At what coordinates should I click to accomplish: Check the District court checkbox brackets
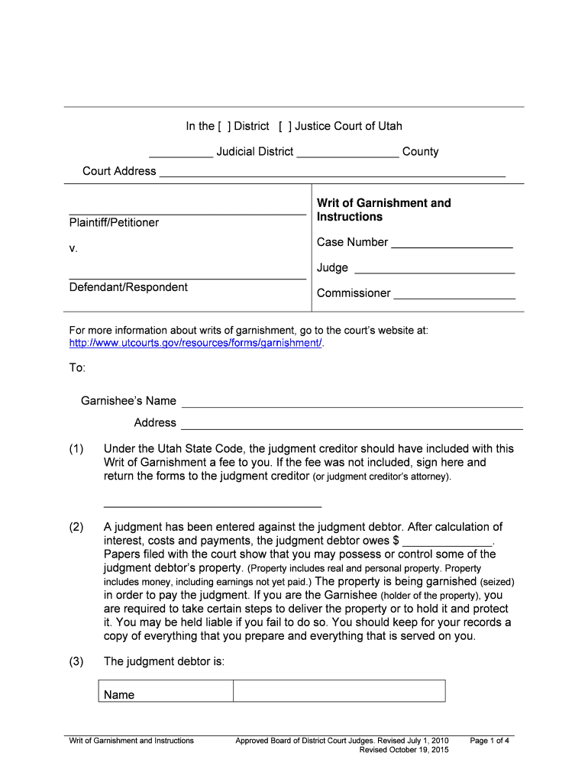point(224,126)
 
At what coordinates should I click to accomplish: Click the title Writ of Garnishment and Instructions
point(383,210)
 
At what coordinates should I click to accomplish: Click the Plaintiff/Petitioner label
point(115,223)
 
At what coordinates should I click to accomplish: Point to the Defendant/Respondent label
point(128,287)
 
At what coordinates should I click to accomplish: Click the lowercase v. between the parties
point(73,249)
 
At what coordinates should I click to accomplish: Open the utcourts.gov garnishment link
point(196,344)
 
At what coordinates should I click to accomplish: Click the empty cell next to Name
point(338,691)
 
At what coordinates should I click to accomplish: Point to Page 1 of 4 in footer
point(490,741)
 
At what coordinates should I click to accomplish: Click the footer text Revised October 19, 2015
point(404,750)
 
